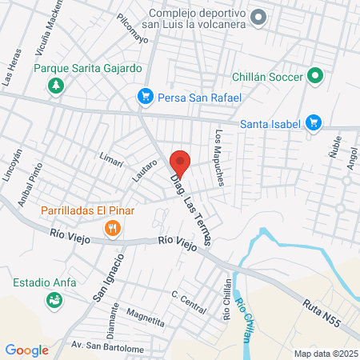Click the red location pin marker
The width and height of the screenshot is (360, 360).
(x=181, y=162)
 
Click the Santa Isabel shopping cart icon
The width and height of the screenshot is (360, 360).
(x=314, y=122)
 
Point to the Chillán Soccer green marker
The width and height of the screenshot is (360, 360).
(x=315, y=77)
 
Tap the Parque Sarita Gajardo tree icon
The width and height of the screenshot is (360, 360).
(x=56, y=86)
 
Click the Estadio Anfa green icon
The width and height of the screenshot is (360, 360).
(x=54, y=300)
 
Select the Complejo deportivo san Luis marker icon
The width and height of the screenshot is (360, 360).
(x=258, y=16)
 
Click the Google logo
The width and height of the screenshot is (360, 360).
(x=27, y=350)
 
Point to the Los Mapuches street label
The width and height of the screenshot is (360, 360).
(x=218, y=156)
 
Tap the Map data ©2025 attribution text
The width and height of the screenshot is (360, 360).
(x=324, y=353)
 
